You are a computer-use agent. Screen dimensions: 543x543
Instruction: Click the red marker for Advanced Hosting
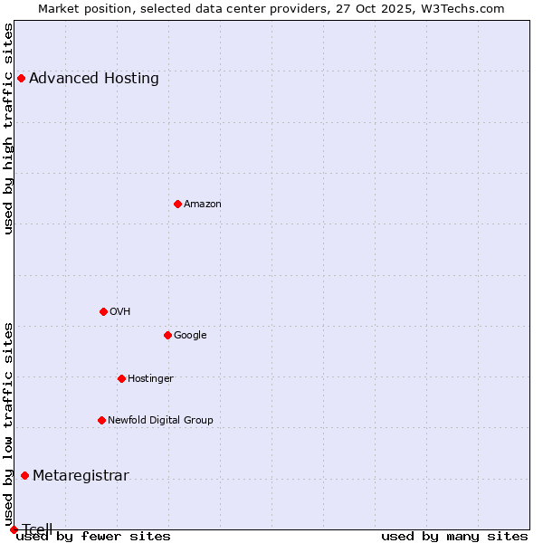21,78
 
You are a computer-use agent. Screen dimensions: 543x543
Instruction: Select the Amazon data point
177,204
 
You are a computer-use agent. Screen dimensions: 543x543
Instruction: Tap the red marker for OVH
103,311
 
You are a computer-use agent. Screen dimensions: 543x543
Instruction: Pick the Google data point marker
167,335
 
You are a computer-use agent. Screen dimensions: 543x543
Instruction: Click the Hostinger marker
121,378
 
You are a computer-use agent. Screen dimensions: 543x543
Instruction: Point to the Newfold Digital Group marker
101,420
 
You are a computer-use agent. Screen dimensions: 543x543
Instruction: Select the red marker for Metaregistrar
24,476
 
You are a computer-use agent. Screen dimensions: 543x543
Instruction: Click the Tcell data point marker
14,529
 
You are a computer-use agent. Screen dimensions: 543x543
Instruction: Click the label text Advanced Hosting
94,79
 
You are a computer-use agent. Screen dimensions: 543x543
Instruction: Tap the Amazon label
203,205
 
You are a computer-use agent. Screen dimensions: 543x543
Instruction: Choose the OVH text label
120,312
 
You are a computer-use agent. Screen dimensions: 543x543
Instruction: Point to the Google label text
190,336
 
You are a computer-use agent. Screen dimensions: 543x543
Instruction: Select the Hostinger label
150,379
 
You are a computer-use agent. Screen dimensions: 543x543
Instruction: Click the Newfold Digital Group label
161,421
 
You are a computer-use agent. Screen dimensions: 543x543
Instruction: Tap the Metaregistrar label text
81,477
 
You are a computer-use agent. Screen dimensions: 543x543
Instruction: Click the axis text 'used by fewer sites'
93,537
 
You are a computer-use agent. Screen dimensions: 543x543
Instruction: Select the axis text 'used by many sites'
454,537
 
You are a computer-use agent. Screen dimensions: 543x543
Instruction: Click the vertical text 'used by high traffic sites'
9,129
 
